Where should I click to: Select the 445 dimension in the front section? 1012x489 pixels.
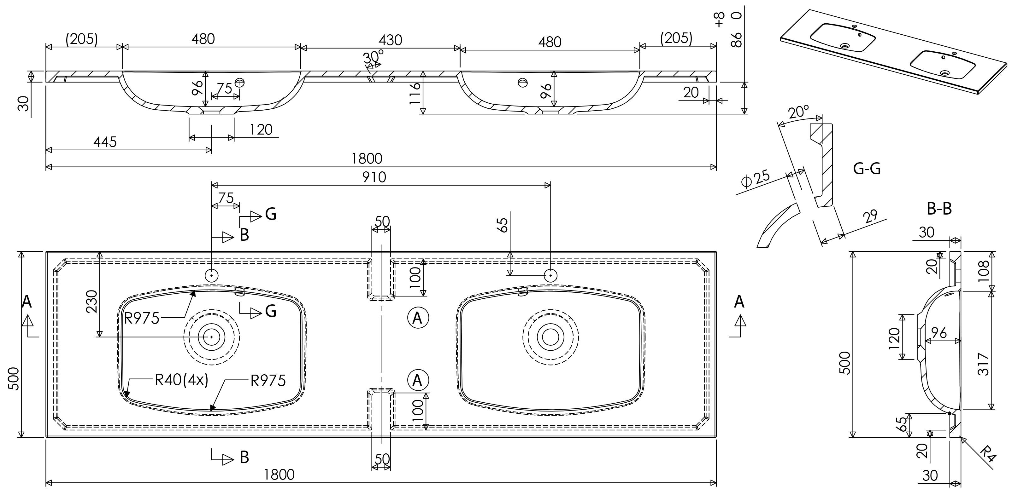105,142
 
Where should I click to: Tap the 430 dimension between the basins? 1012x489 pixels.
391,40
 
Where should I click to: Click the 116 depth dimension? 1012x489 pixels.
415,93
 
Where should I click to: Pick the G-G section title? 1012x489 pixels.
867,168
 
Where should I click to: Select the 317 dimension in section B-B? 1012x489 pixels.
983,364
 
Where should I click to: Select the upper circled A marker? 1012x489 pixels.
418,318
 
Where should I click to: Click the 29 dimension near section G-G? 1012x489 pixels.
871,217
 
